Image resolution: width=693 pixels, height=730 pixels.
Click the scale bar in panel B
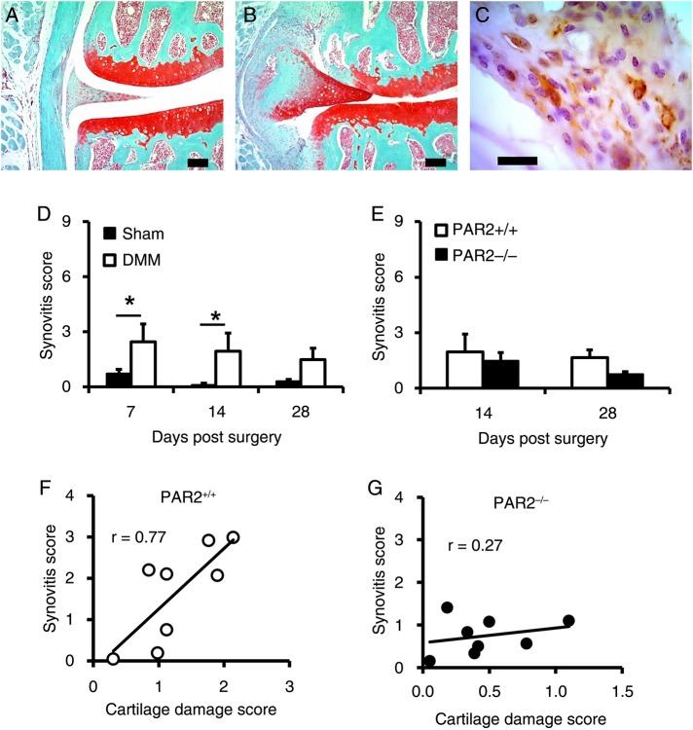coord(435,163)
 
